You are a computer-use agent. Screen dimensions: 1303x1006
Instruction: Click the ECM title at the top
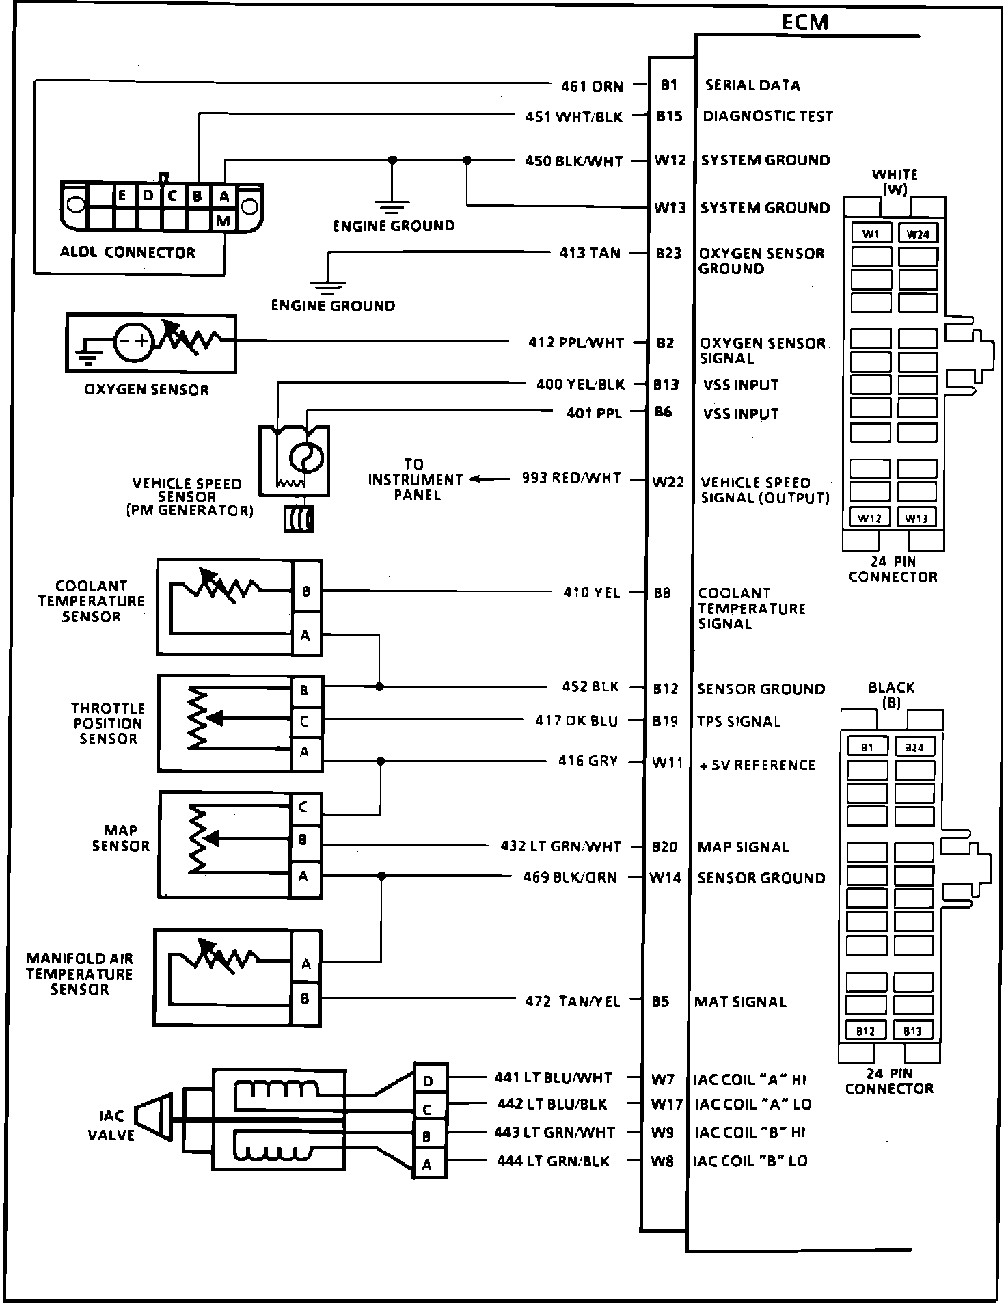(x=805, y=23)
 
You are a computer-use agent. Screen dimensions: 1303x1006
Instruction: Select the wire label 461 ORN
(x=592, y=86)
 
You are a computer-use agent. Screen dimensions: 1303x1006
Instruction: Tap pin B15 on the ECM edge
(x=669, y=116)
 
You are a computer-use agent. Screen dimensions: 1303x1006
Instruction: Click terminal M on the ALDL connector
(x=223, y=221)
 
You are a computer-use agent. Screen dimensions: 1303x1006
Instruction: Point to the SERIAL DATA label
(x=752, y=85)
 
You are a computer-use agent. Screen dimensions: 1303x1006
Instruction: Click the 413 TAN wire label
(x=590, y=253)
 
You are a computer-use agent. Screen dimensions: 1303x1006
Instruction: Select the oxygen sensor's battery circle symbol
(x=133, y=341)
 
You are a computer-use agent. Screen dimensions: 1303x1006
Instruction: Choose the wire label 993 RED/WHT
(x=571, y=479)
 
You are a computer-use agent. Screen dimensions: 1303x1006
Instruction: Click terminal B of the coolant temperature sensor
(x=306, y=591)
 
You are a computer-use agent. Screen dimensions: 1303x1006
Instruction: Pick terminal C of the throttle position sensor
(x=304, y=721)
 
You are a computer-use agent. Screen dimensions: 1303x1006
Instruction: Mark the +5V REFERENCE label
(x=757, y=765)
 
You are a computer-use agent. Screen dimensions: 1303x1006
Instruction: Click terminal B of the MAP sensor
(x=303, y=839)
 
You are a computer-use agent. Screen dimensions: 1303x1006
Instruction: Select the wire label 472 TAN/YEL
(x=573, y=1002)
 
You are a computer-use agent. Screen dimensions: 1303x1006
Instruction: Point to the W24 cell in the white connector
(x=917, y=234)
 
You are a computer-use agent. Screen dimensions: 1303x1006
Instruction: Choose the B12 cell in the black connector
(x=866, y=1031)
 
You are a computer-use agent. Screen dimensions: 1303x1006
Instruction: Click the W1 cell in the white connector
(x=871, y=234)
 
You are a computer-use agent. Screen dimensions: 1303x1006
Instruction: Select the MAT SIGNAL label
(x=740, y=1002)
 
